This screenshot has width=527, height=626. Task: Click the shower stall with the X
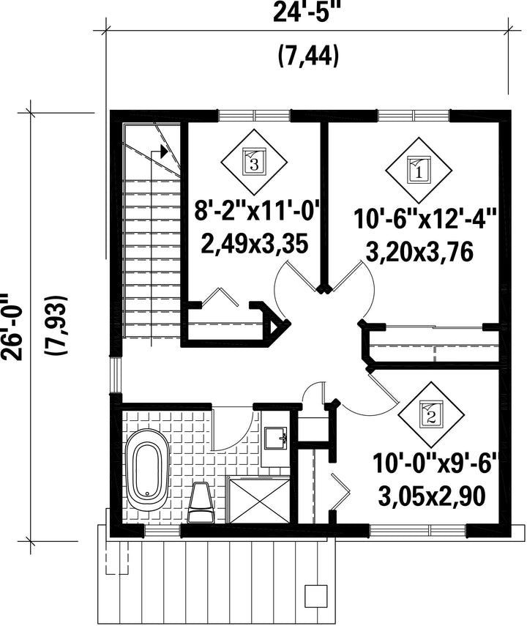[x=258, y=500]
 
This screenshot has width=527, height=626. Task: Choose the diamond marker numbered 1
[x=419, y=171]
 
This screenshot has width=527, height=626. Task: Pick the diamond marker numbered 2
[x=431, y=416]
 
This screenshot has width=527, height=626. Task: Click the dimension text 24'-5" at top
[x=309, y=14]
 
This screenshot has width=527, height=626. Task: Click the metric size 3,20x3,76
[x=419, y=253]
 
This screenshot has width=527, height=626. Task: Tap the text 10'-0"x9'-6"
[x=436, y=463]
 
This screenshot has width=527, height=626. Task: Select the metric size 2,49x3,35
[x=255, y=244]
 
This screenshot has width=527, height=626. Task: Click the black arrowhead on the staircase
[x=163, y=152]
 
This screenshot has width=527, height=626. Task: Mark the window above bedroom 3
[x=254, y=116]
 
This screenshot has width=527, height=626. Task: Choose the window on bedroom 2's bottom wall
[x=418, y=530]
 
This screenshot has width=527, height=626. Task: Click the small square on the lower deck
[x=315, y=597]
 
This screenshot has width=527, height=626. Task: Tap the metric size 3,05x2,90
[x=432, y=496]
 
